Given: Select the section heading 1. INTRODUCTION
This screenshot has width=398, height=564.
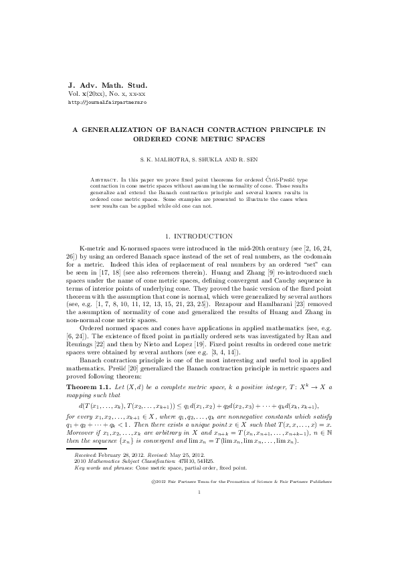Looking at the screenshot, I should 199,236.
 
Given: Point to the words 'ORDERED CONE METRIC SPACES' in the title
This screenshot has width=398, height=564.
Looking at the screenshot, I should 199,139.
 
